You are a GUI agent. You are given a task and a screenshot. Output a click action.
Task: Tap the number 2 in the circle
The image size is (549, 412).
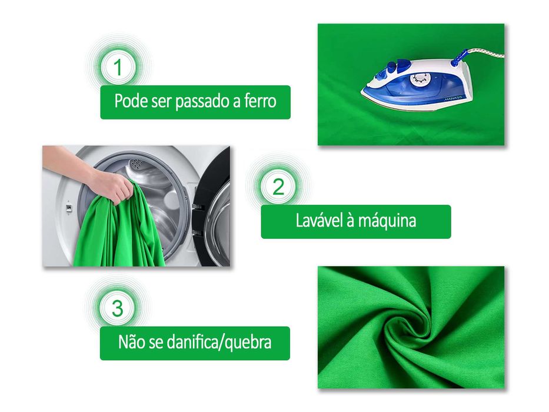278,187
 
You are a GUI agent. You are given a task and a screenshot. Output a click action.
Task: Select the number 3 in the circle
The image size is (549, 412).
118,308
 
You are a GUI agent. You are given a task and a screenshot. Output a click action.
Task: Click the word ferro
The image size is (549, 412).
259,101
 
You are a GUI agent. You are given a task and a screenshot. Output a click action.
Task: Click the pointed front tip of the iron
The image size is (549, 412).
363,91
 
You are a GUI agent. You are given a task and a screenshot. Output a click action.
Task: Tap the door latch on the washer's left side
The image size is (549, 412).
69,208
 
